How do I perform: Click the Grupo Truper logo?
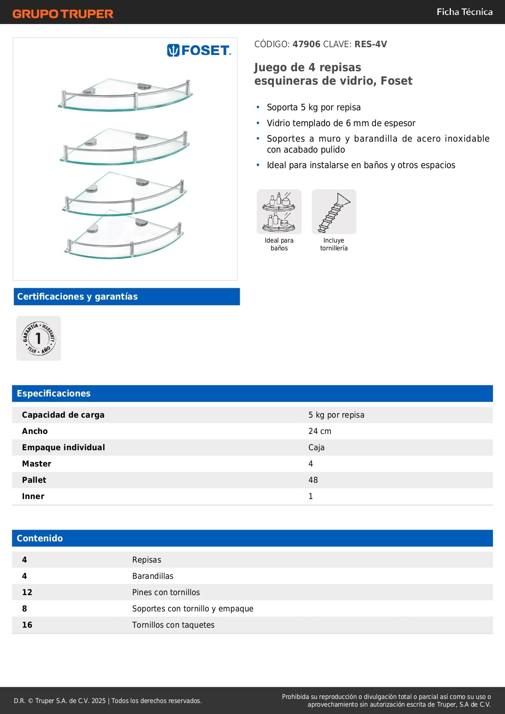click(63, 14)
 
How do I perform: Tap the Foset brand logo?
click(199, 50)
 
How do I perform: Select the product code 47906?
click(306, 44)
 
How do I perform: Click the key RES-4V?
click(371, 44)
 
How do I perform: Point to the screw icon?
click(334, 212)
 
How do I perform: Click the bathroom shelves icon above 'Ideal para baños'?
click(279, 212)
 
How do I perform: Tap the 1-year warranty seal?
click(39, 338)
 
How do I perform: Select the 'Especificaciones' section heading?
click(54, 394)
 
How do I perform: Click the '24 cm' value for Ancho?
click(320, 431)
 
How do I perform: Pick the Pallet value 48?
click(313, 480)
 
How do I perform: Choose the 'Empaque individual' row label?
click(63, 447)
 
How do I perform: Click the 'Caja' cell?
click(316, 447)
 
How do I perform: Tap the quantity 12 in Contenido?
click(27, 592)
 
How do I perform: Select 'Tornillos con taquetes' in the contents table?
click(173, 625)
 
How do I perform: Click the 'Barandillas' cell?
click(153, 576)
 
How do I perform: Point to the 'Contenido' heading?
click(40, 539)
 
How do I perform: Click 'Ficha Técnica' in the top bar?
click(464, 12)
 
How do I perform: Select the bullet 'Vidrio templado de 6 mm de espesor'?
click(341, 123)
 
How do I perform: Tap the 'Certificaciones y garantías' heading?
click(77, 297)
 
